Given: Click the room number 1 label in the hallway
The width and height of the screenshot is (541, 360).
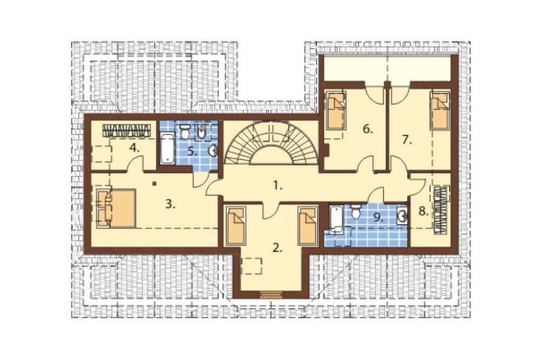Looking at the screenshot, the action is [278, 186].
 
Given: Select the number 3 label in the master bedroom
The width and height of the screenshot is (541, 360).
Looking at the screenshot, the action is [170, 204].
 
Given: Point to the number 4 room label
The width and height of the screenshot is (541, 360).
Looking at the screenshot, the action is [135, 148].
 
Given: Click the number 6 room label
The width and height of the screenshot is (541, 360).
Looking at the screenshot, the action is [368, 129].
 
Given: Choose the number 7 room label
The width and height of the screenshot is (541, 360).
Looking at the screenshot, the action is [407, 140].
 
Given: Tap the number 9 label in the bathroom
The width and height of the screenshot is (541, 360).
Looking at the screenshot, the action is [379, 217].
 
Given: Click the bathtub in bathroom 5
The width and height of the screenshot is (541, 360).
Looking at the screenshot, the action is [167, 148].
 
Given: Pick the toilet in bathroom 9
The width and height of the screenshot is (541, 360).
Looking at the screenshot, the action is [355, 211].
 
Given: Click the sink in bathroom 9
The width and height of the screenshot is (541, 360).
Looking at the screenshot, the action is [403, 215].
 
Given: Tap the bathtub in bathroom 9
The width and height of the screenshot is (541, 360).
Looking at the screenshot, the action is [336, 218].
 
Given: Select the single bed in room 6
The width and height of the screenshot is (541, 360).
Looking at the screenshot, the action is [336, 110].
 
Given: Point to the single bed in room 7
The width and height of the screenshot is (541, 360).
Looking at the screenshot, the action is [440, 110].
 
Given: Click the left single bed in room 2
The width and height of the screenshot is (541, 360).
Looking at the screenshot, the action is [236, 226].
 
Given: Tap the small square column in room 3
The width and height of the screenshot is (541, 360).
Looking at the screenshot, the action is [155, 184].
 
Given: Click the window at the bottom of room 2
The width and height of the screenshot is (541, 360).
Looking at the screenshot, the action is [271, 295].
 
